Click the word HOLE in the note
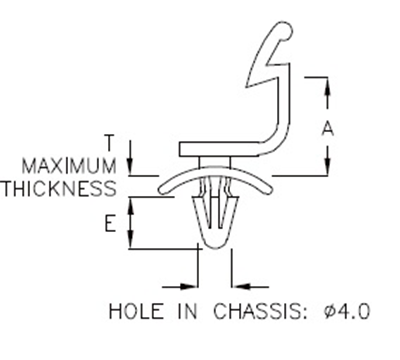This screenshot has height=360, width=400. [x=134, y=312]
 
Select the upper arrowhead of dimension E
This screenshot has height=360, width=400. [x=131, y=202]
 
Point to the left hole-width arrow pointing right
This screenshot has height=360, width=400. [x=189, y=281]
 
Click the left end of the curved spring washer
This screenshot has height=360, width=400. [x=160, y=188]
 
